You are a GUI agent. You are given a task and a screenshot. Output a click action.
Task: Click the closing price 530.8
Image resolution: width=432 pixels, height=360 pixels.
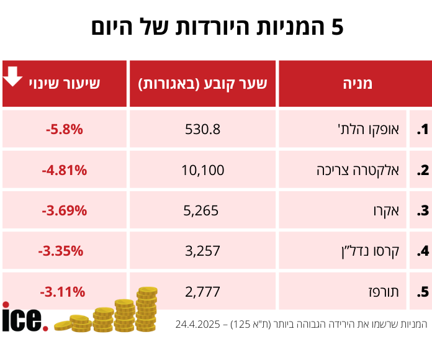tap(203, 130)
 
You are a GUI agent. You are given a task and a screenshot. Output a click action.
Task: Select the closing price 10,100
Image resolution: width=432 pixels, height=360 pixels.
tap(203, 170)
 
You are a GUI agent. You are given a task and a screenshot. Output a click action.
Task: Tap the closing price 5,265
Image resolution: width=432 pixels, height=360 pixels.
tap(203, 210)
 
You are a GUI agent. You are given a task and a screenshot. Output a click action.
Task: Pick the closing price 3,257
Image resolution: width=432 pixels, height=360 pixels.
tap(203, 251)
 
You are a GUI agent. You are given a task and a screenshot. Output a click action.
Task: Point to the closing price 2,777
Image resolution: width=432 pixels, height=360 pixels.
tap(203, 291)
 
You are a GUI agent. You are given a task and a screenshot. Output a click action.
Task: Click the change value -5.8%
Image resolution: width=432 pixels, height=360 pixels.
tap(64, 130)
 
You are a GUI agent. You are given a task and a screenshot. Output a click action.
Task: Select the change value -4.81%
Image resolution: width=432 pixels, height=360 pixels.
tap(64, 170)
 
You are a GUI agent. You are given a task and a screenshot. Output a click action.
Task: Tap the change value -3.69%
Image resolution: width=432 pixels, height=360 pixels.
tap(64, 210)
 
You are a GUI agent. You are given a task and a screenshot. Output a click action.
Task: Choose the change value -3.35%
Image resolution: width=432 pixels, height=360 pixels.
tap(60, 251)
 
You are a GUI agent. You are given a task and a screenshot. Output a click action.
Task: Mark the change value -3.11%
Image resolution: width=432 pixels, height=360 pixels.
tap(61, 291)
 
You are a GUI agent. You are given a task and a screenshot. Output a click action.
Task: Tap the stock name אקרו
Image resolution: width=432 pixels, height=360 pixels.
tap(389, 210)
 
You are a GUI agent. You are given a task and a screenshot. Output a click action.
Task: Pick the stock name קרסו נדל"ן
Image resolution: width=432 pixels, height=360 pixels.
tap(371, 251)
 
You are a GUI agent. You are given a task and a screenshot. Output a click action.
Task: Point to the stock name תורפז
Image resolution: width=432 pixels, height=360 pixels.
tap(385, 291)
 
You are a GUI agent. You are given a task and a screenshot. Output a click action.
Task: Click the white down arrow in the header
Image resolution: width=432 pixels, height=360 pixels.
tap(13, 76)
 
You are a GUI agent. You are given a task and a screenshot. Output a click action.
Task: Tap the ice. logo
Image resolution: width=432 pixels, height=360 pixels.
tap(24, 317)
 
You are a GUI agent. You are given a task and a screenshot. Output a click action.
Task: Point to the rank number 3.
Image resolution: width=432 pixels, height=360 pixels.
tap(422, 210)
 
